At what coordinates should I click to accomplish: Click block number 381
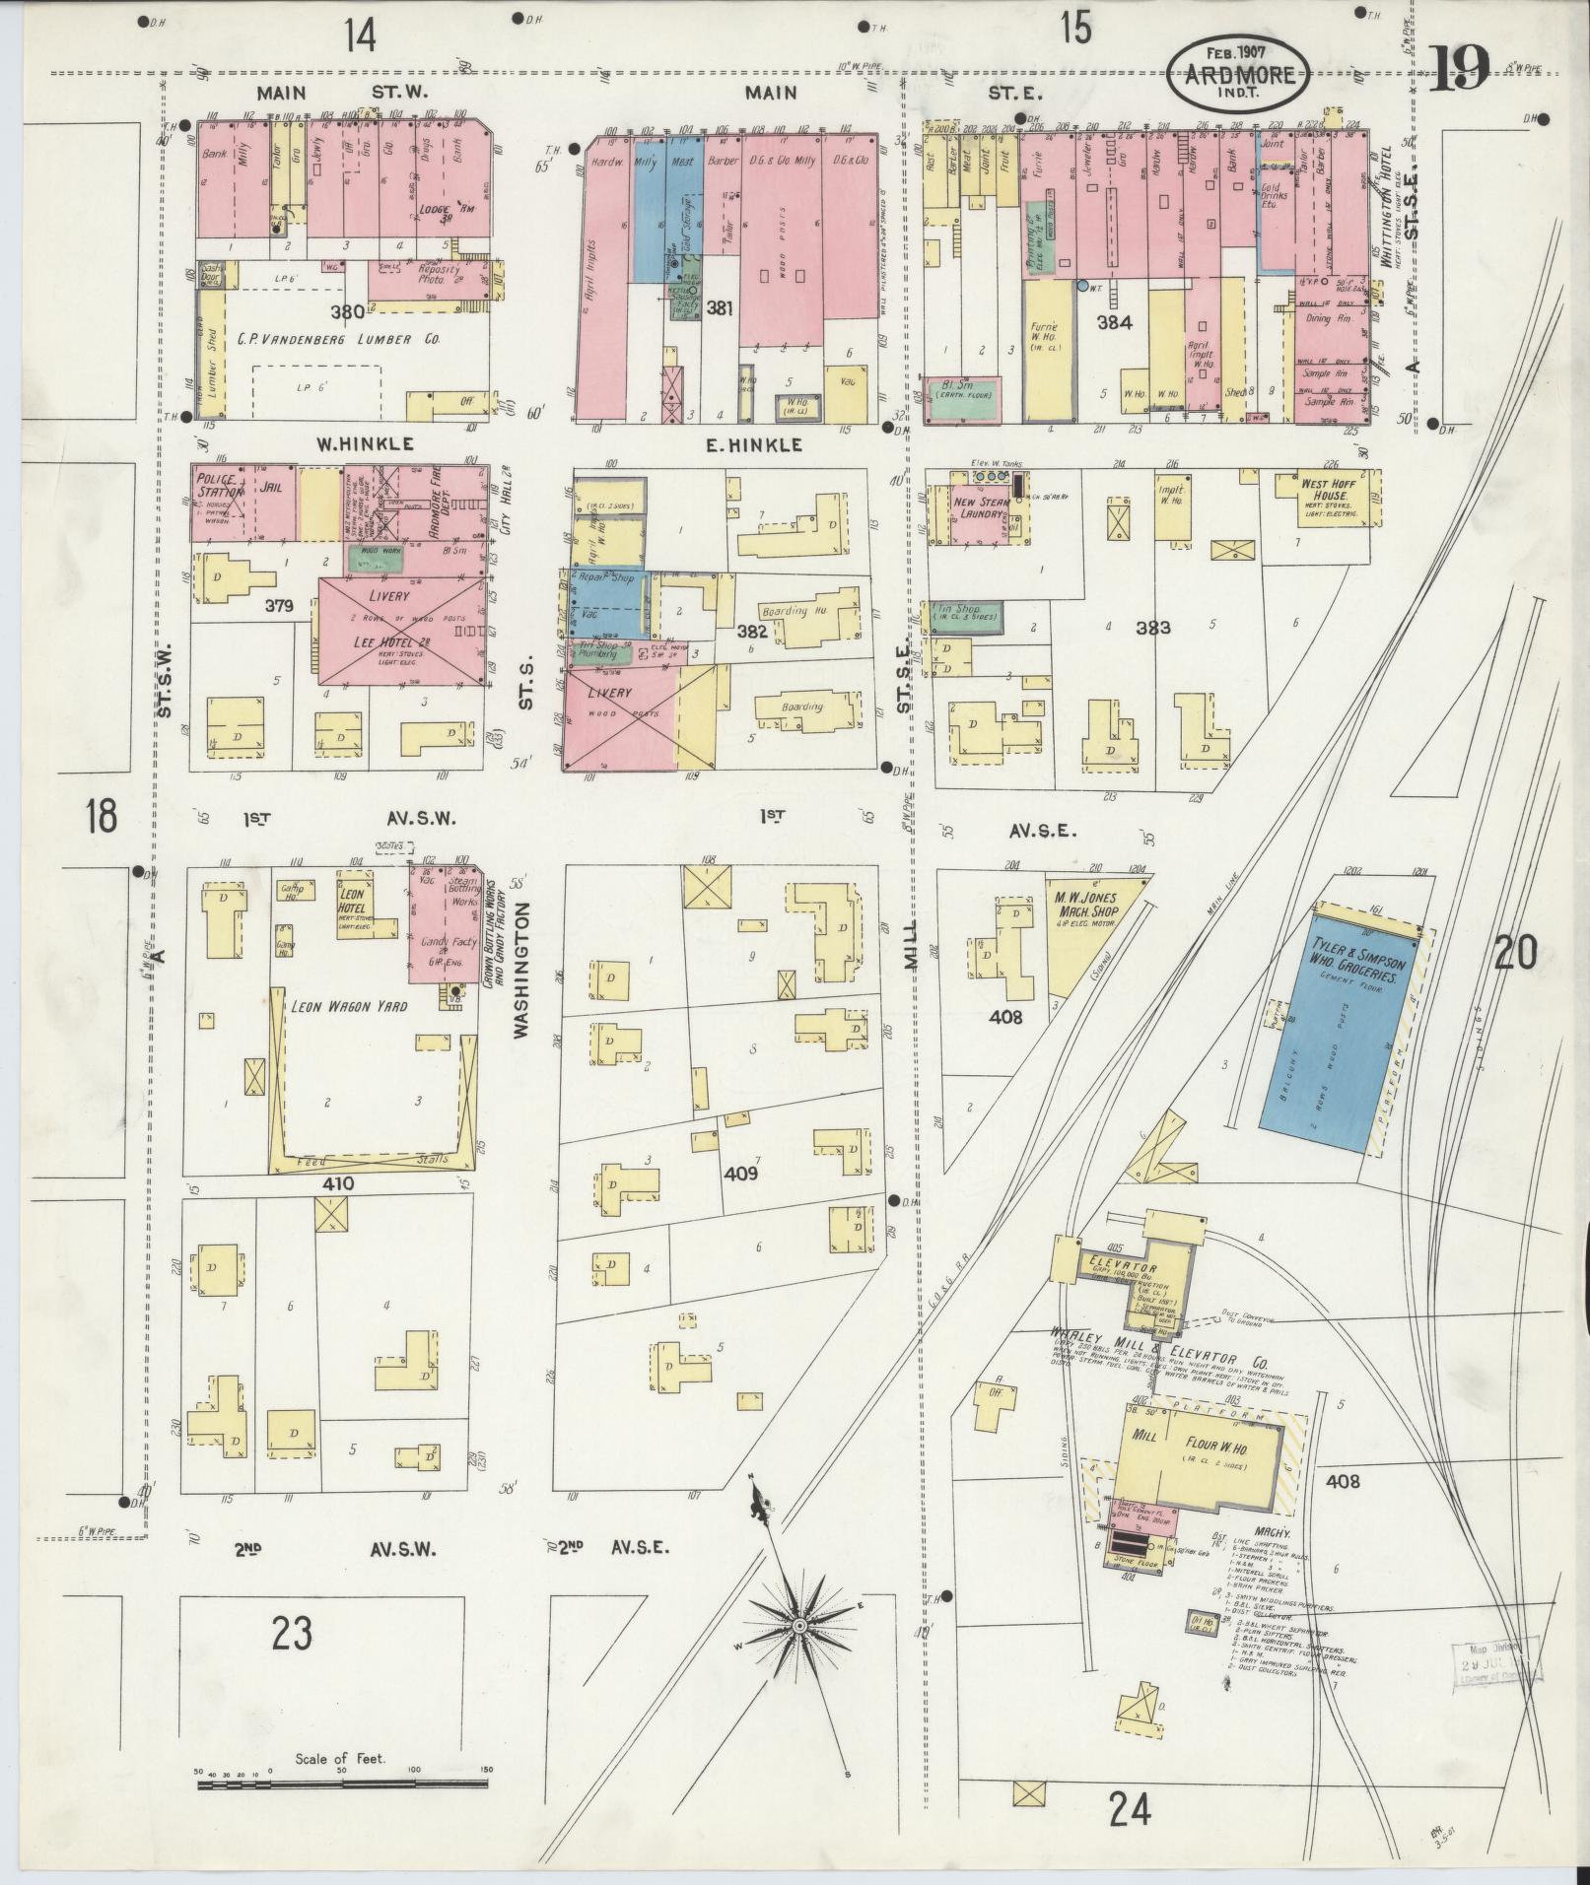pos(720,308)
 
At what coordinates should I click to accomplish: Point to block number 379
pos(280,606)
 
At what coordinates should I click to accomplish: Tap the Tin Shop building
pos(965,615)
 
